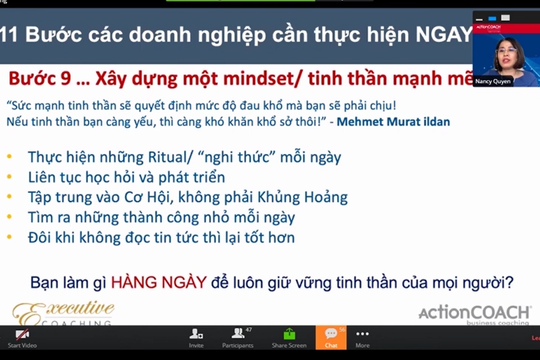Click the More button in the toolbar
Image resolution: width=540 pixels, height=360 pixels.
coord(362,339)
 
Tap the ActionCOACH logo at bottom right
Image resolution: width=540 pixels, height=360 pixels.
coord(475,313)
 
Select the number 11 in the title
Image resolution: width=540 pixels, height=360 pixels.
coord(10,37)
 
